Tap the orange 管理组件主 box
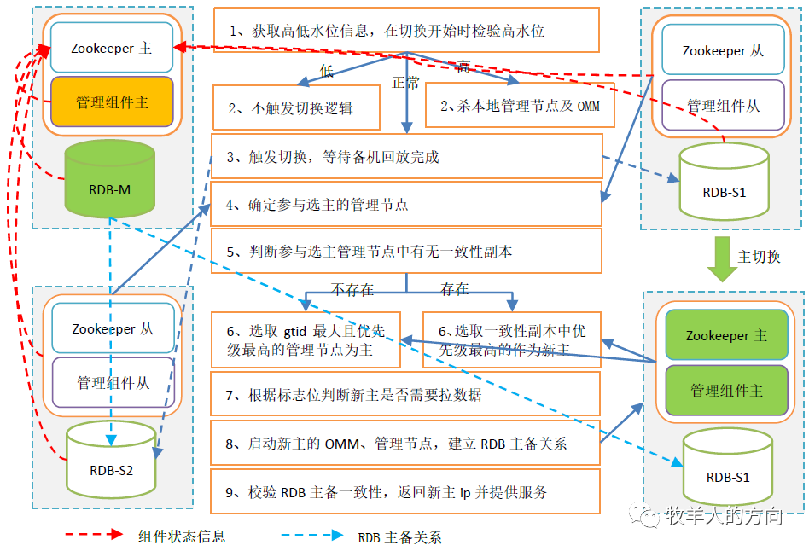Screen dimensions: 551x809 [x=112, y=102]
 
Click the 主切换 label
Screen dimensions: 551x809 [x=759, y=256]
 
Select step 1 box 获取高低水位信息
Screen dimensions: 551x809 [x=406, y=31]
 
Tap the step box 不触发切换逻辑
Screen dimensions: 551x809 [x=295, y=108]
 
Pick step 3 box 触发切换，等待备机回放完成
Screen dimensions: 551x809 [x=406, y=157]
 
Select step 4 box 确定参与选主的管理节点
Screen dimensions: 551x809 [x=406, y=205]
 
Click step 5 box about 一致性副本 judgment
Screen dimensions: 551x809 [x=406, y=252]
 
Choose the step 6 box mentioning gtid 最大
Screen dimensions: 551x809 [x=305, y=340]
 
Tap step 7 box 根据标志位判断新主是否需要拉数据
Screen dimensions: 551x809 [x=406, y=395]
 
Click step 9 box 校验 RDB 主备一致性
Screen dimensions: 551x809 [x=406, y=492]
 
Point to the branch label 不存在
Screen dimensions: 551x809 [x=352, y=289]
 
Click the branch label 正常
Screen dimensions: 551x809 [x=405, y=83]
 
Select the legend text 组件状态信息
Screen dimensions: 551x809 [x=182, y=536]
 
